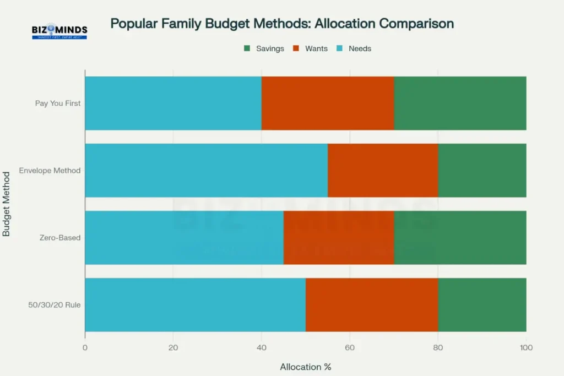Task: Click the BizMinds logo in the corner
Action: tap(59, 31)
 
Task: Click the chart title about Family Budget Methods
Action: tap(282, 24)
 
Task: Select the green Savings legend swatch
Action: tap(247, 48)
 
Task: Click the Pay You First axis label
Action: tap(58, 103)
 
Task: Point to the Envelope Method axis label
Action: tap(50, 170)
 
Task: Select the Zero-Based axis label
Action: tap(61, 238)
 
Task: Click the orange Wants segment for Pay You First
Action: tap(328, 103)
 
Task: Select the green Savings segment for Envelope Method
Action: tap(482, 170)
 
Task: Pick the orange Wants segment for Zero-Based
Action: tap(339, 238)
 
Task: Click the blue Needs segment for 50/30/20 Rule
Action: tap(195, 305)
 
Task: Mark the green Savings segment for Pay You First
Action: tap(460, 103)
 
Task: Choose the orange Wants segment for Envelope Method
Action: tap(383, 170)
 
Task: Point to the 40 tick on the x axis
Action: tap(262, 347)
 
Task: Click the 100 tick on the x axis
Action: tap(526, 347)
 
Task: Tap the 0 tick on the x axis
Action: tap(85, 347)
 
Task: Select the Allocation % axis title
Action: tap(305, 366)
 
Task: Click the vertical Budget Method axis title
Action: tap(7, 204)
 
